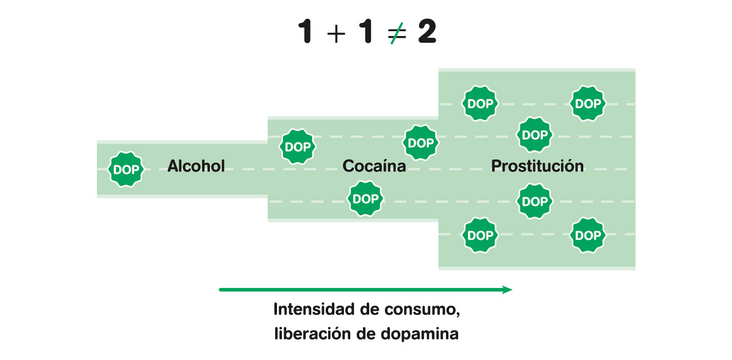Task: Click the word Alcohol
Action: [x=196, y=166]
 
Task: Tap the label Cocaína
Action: [x=374, y=166]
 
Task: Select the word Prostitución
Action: [x=537, y=166]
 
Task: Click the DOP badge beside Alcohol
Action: [x=126, y=170]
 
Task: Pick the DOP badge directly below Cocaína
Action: [x=365, y=199]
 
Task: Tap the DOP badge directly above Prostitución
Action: [x=535, y=135]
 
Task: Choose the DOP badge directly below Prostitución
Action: [x=535, y=201]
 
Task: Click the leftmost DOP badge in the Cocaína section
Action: [x=298, y=147]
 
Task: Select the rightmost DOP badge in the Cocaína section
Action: [x=420, y=143]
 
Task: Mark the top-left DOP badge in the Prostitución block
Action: [x=480, y=104]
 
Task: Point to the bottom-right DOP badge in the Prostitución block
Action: [x=588, y=236]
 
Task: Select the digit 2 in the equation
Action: [x=427, y=32]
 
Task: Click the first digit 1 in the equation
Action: [x=306, y=32]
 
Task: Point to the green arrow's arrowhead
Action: [x=507, y=290]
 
